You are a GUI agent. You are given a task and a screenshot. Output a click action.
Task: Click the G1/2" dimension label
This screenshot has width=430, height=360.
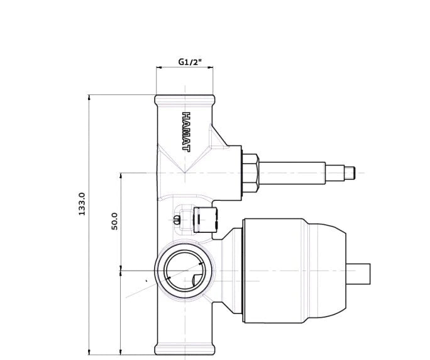pyautogui.click(x=190, y=62)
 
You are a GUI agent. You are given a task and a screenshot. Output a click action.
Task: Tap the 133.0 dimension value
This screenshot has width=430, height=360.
pyautogui.click(x=82, y=204)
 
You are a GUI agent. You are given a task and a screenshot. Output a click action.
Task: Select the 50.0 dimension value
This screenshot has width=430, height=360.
pyautogui.click(x=114, y=222)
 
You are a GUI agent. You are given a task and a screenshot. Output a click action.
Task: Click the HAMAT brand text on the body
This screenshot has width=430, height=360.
pyautogui.click(x=186, y=132)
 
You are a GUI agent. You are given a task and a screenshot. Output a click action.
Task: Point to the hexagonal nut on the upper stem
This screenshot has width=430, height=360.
pyautogui.click(x=251, y=173)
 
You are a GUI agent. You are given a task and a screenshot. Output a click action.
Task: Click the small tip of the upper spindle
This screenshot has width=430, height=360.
pyautogui.click(x=350, y=173)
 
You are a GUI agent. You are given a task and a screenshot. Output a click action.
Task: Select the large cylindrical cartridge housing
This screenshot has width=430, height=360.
pyautogui.click(x=295, y=271)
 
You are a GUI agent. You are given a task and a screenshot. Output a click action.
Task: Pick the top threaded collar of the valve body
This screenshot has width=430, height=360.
pyautogui.click(x=185, y=99)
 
